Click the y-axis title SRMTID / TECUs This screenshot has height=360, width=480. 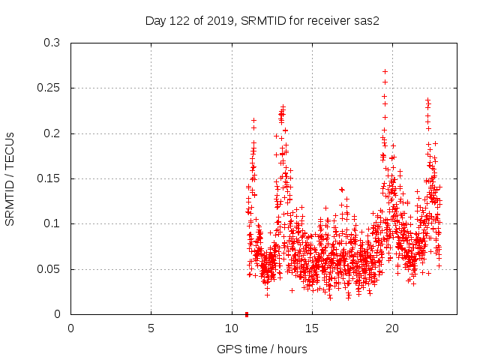tap(10, 178)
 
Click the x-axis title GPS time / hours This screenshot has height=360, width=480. tap(262, 349)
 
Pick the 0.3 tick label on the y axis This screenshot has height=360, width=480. tap(52, 43)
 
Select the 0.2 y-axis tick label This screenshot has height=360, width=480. tap(52, 133)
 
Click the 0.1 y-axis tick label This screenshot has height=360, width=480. tap(52, 223)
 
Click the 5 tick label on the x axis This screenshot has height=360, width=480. tap(151, 328)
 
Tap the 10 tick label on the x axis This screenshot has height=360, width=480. tap(231, 328)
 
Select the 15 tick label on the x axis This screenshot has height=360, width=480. tap(311, 328)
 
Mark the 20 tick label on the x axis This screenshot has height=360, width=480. tap(391, 328)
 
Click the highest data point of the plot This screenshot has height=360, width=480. tap(385, 72)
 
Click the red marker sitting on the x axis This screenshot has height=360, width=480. tap(247, 313)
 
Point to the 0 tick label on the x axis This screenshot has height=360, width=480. tap(70, 328)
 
